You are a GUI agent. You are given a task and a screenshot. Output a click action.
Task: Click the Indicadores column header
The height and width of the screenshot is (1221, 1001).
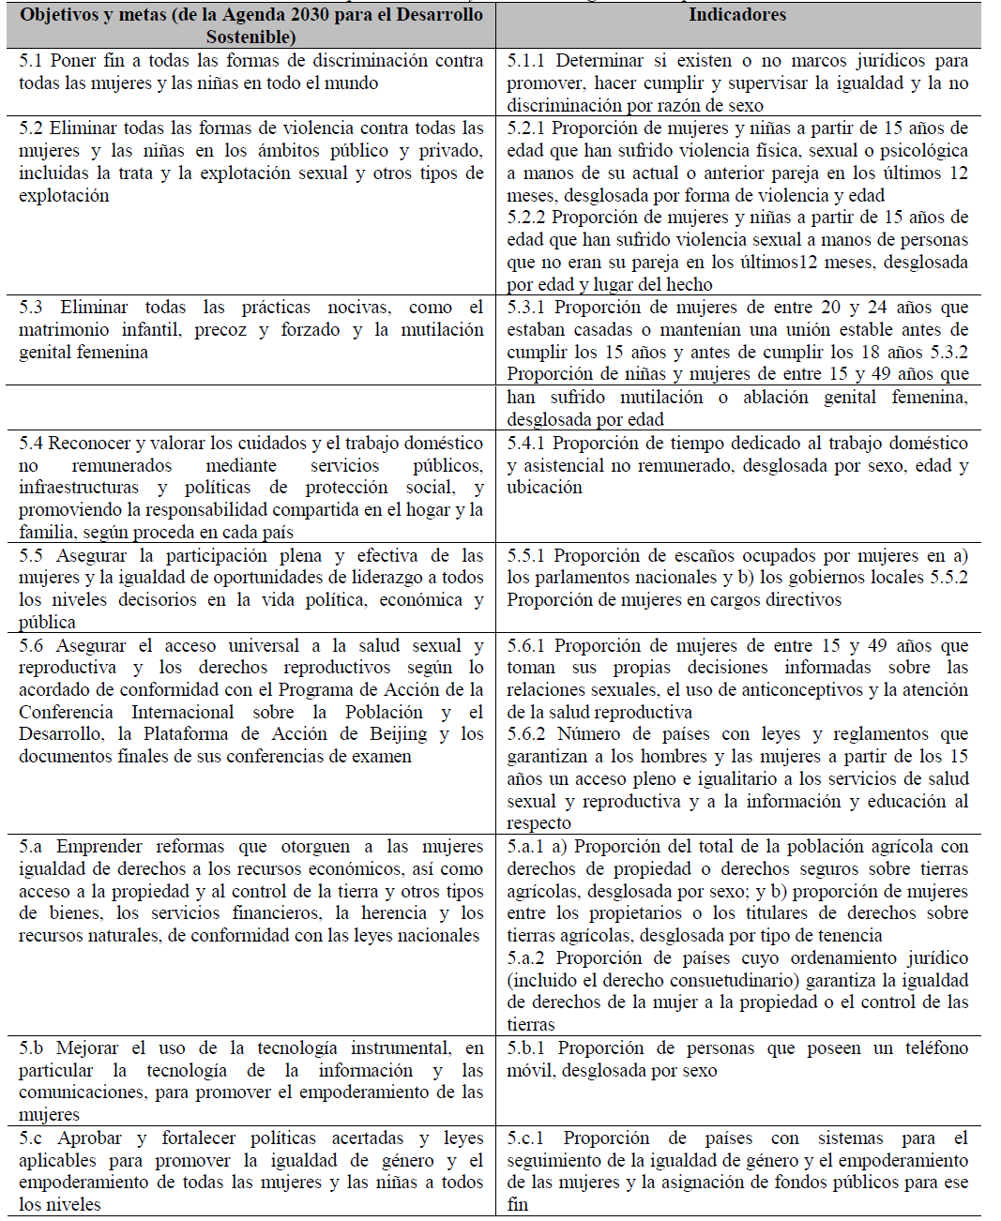pyautogui.click(x=737, y=15)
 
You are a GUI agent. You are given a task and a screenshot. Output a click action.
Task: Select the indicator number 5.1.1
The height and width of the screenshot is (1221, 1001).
pyautogui.click(x=528, y=61)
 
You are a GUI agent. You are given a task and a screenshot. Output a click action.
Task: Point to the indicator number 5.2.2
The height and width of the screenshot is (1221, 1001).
pyautogui.click(x=526, y=218)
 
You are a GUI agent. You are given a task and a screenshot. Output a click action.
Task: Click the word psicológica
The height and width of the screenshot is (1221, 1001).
pyautogui.click(x=918, y=151)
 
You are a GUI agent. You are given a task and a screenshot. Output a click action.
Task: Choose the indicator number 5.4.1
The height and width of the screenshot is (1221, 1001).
pyautogui.click(x=526, y=444)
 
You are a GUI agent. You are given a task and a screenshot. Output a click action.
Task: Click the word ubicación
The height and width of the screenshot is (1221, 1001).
pyautogui.click(x=544, y=488)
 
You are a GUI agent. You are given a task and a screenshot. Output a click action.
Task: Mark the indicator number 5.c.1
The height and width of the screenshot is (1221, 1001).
pyautogui.click(x=526, y=1138)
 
